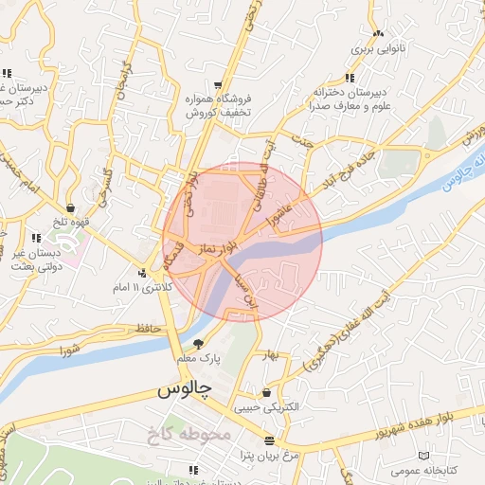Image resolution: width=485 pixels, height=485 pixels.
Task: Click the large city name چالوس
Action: [182, 389]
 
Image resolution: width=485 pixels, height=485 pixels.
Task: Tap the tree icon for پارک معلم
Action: [198, 344]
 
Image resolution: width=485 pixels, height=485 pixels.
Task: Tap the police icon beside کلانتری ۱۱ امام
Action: [142, 273]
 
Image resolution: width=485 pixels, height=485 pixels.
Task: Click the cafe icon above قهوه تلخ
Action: [71, 207]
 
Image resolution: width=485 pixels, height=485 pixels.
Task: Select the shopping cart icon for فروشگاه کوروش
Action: [220, 84]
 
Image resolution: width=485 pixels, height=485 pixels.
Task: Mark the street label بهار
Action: [274, 354]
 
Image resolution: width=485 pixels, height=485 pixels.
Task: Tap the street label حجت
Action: [302, 142]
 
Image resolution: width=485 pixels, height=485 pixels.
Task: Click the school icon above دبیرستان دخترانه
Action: [350, 78]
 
